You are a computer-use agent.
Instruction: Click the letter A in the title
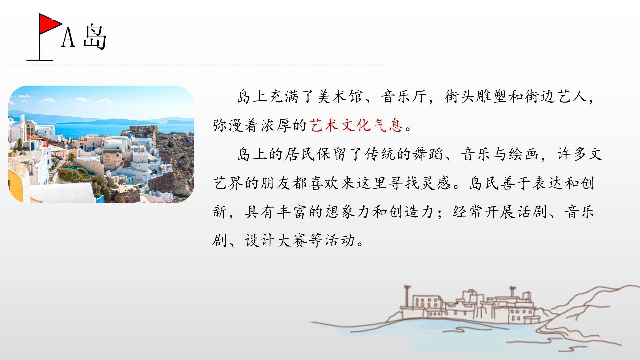pyautogui.click(x=68, y=37)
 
